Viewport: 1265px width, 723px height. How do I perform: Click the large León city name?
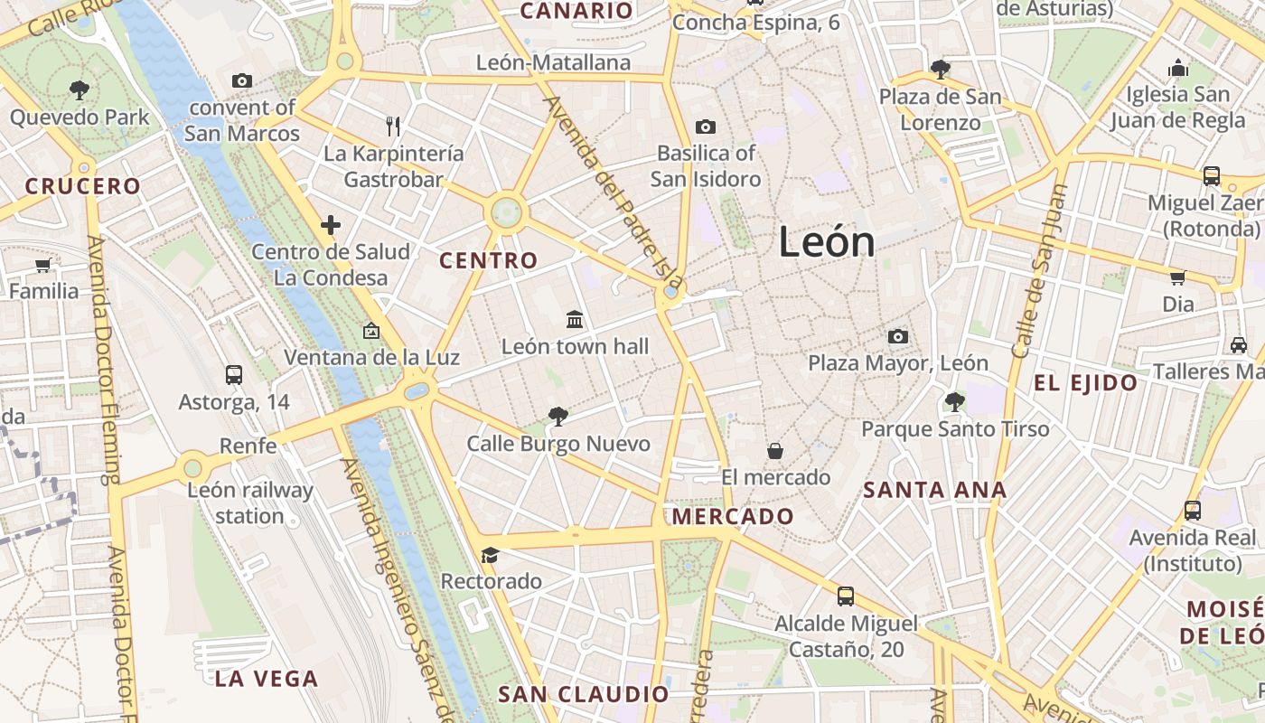pos(826,242)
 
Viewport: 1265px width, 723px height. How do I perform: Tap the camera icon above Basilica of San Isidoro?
pos(706,127)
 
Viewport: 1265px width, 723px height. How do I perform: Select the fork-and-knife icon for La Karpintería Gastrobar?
pos(393,126)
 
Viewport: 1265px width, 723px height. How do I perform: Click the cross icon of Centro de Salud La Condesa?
pos(331,224)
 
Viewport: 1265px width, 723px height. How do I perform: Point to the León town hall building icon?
pos(575,319)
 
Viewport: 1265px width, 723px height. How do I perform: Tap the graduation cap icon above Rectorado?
pos(490,554)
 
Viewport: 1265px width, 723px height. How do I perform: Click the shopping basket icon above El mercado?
pos(774,450)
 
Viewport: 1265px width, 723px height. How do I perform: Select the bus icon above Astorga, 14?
pos(233,374)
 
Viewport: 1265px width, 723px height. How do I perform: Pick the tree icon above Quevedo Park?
pos(80,89)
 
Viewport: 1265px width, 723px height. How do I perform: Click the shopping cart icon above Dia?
pos(1177,277)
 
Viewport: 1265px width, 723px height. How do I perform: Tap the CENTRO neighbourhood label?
pos(488,261)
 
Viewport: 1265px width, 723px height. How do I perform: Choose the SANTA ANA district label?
pos(934,491)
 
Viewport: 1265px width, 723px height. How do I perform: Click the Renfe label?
pos(248,446)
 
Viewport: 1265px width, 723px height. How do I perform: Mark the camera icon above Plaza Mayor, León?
pos(897,336)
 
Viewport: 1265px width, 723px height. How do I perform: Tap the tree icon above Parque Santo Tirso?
pos(954,401)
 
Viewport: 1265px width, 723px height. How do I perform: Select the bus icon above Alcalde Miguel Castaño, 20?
pos(845,596)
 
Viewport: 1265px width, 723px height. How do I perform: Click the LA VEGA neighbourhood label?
pos(267,679)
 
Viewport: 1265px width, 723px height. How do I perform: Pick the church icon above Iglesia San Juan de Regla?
pos(1177,68)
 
